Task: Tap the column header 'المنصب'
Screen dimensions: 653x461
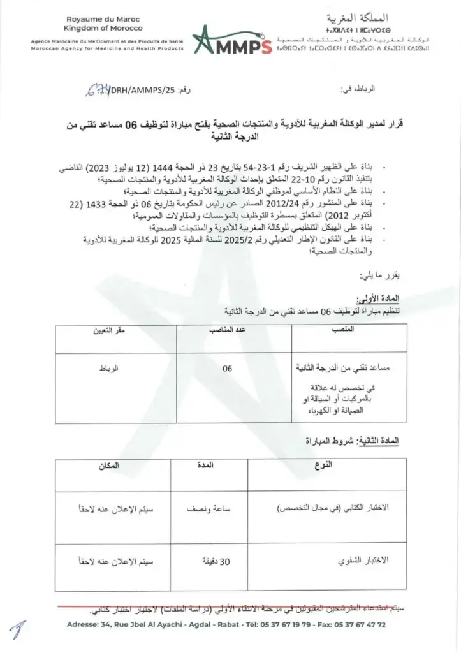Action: point(345,330)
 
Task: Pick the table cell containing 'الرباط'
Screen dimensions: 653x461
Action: point(108,369)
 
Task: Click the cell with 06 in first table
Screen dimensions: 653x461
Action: point(228,369)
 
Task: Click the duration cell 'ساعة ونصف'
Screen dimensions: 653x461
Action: point(207,510)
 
